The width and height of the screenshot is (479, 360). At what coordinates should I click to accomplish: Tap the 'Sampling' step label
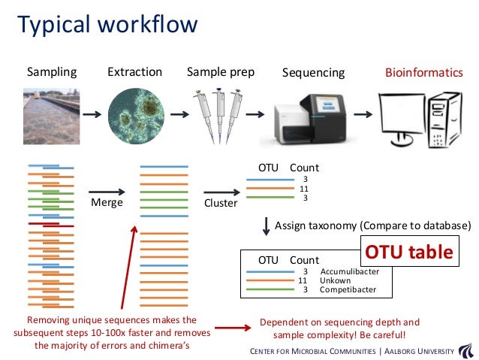[52, 72]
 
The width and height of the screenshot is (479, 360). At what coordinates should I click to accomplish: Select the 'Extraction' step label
[135, 72]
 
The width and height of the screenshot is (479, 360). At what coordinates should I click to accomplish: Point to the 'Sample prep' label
[220, 72]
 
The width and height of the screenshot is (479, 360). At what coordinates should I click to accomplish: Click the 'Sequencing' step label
[313, 73]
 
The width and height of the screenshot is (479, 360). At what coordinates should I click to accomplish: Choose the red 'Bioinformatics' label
[423, 73]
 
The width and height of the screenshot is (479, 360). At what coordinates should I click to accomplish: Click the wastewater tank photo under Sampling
[50, 114]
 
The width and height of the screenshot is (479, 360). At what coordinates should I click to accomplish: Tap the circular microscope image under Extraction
[136, 114]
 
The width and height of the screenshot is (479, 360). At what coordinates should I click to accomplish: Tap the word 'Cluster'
[221, 203]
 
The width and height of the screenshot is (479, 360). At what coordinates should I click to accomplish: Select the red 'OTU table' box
[410, 252]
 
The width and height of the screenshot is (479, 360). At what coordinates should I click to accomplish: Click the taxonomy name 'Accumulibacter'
[349, 271]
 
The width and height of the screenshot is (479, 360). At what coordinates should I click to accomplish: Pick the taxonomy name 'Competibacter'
[348, 289]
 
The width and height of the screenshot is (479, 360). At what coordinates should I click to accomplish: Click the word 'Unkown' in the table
[335, 280]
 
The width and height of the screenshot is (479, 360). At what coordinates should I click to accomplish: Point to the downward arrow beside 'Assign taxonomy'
[267, 225]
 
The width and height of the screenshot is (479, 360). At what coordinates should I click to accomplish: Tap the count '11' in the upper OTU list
[304, 189]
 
